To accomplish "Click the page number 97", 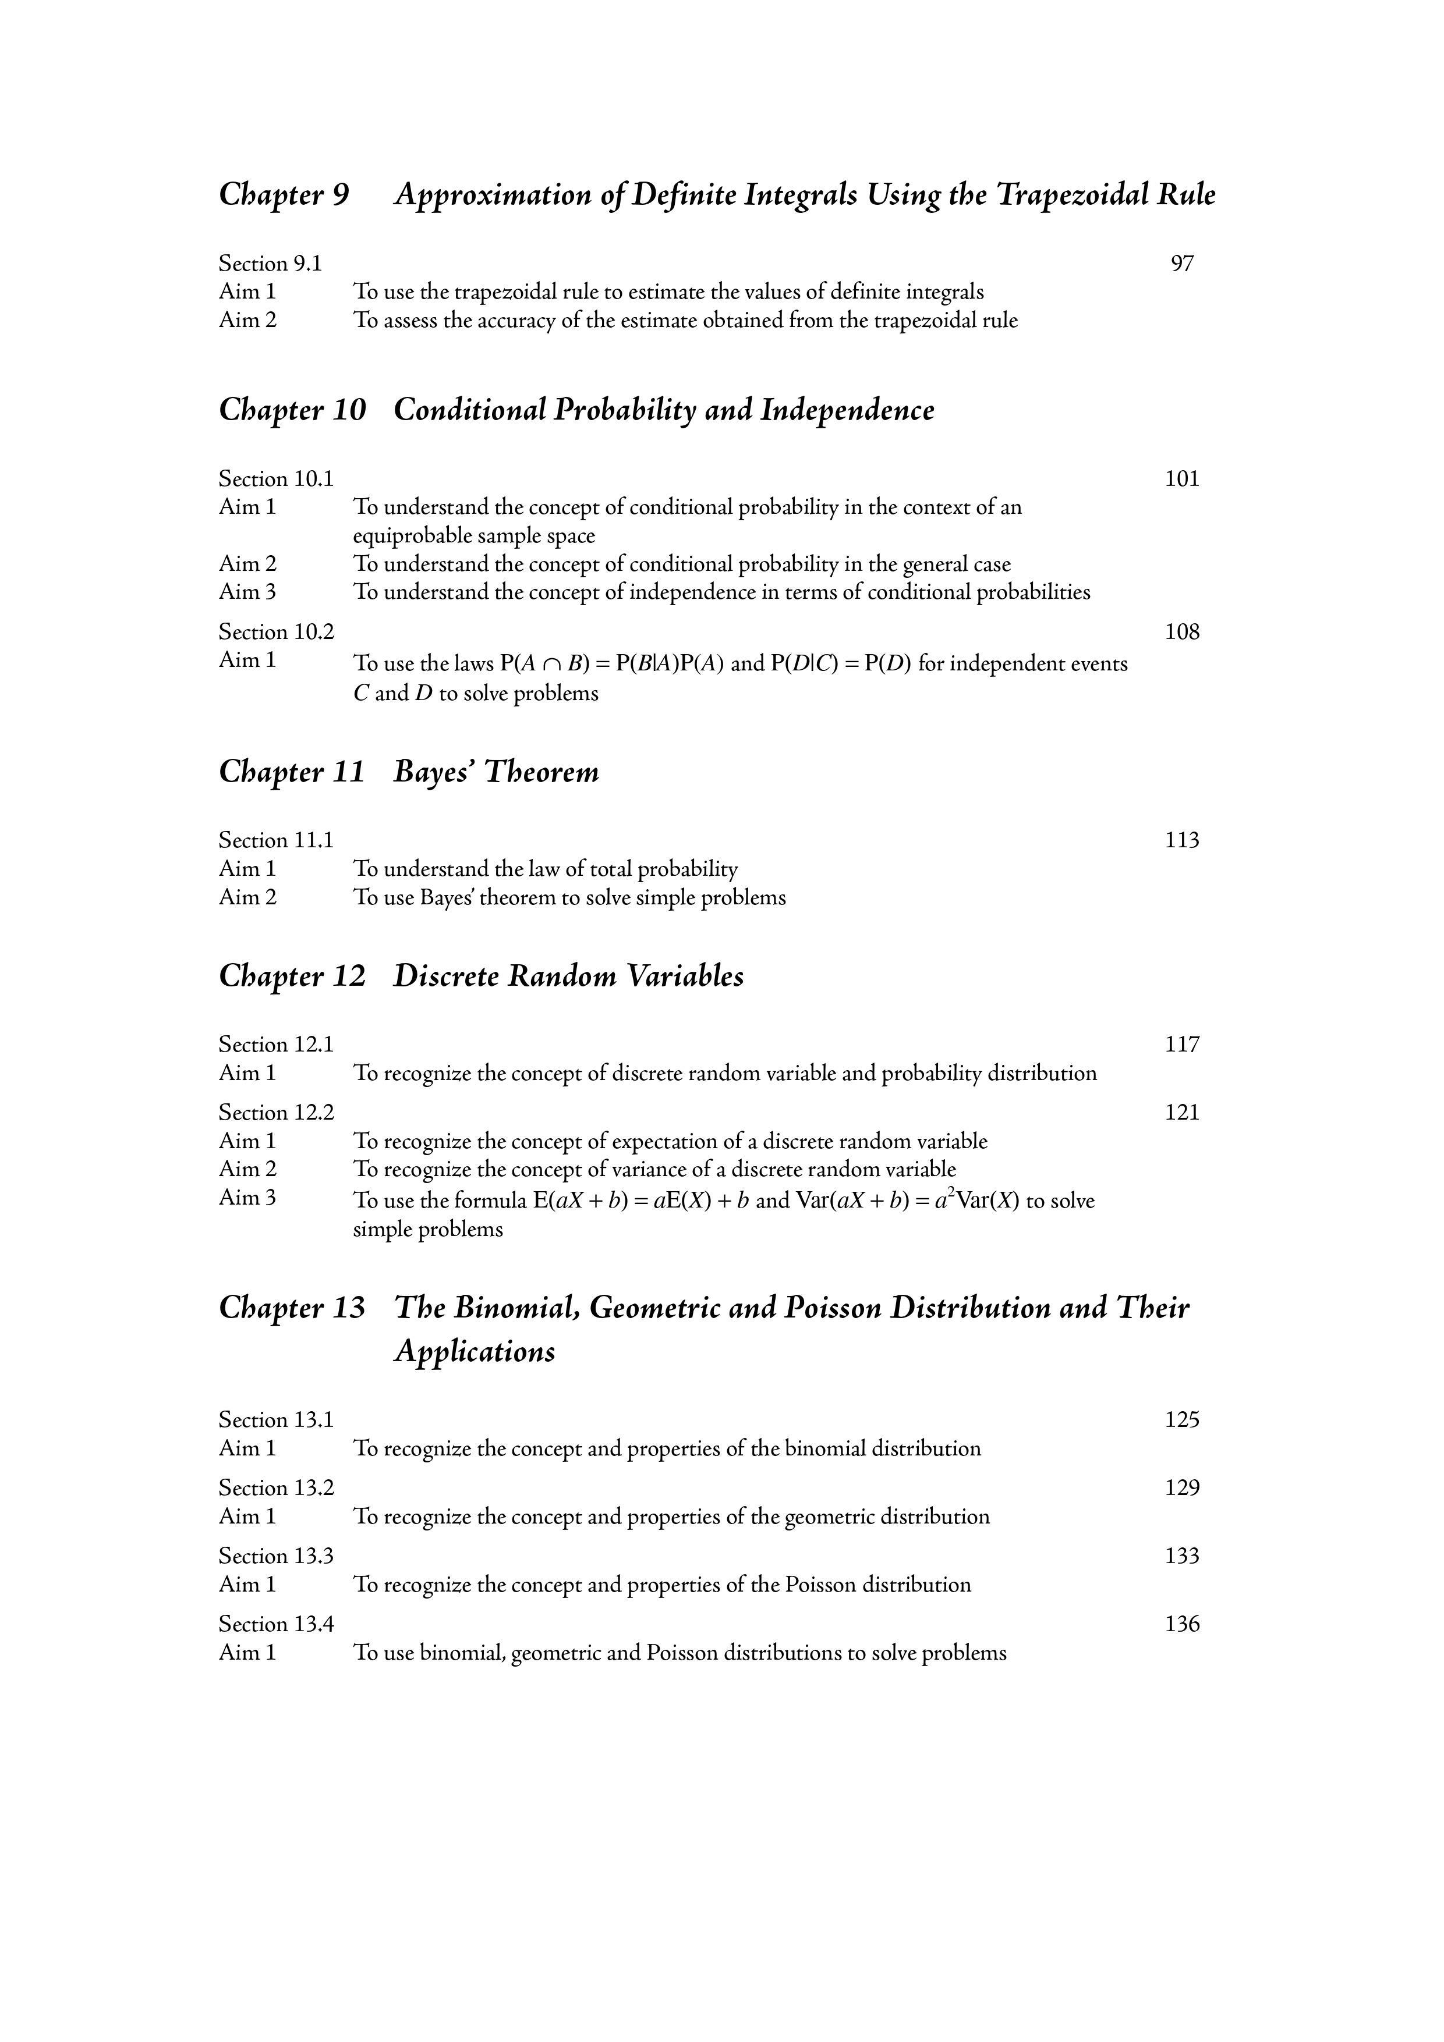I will tap(1181, 263).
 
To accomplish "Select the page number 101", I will tap(1181, 478).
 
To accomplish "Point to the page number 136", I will tap(1181, 1624).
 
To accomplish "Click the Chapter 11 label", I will tap(292, 771).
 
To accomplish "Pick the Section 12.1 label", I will tap(277, 1044).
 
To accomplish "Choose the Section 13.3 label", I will tap(277, 1556).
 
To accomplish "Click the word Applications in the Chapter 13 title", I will tap(474, 1352).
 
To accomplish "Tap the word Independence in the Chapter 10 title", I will tap(847, 410).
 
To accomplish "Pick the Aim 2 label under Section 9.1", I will tap(247, 319).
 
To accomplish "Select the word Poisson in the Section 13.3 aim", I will tap(820, 1585).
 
